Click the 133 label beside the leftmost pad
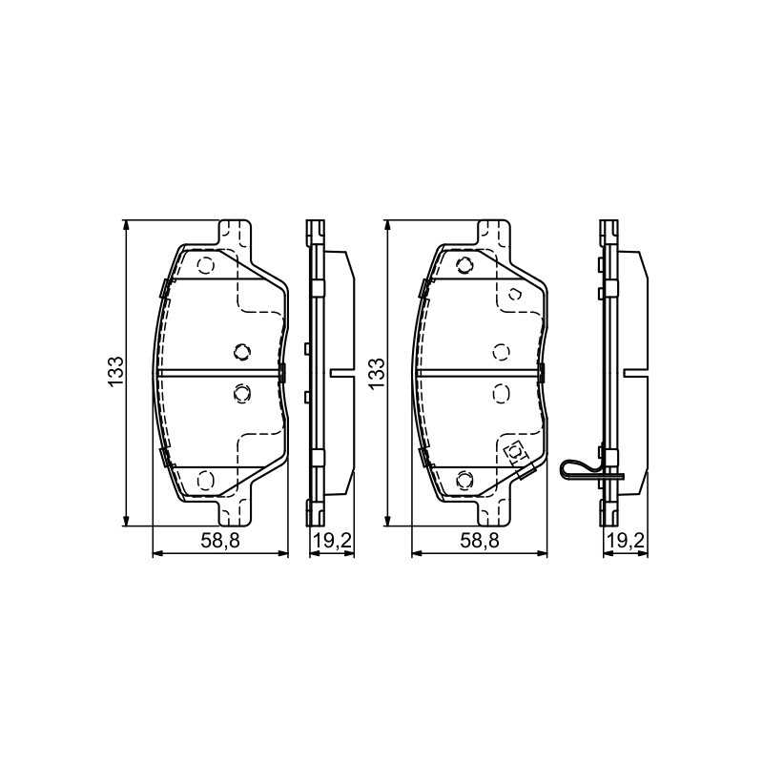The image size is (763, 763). click(116, 372)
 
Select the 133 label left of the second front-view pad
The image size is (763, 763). click(376, 372)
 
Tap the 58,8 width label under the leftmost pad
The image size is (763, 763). click(220, 541)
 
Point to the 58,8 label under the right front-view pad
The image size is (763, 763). click(480, 541)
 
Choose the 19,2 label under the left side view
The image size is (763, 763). click(332, 541)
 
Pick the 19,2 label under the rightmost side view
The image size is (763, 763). click(626, 541)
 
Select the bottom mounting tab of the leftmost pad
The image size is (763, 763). click(235, 511)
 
